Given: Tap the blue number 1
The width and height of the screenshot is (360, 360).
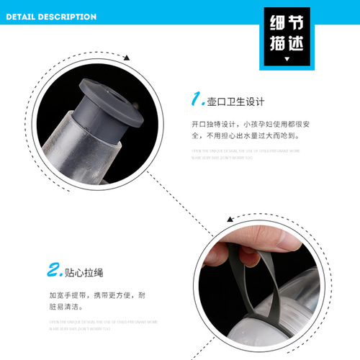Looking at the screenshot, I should (x=195, y=96).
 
